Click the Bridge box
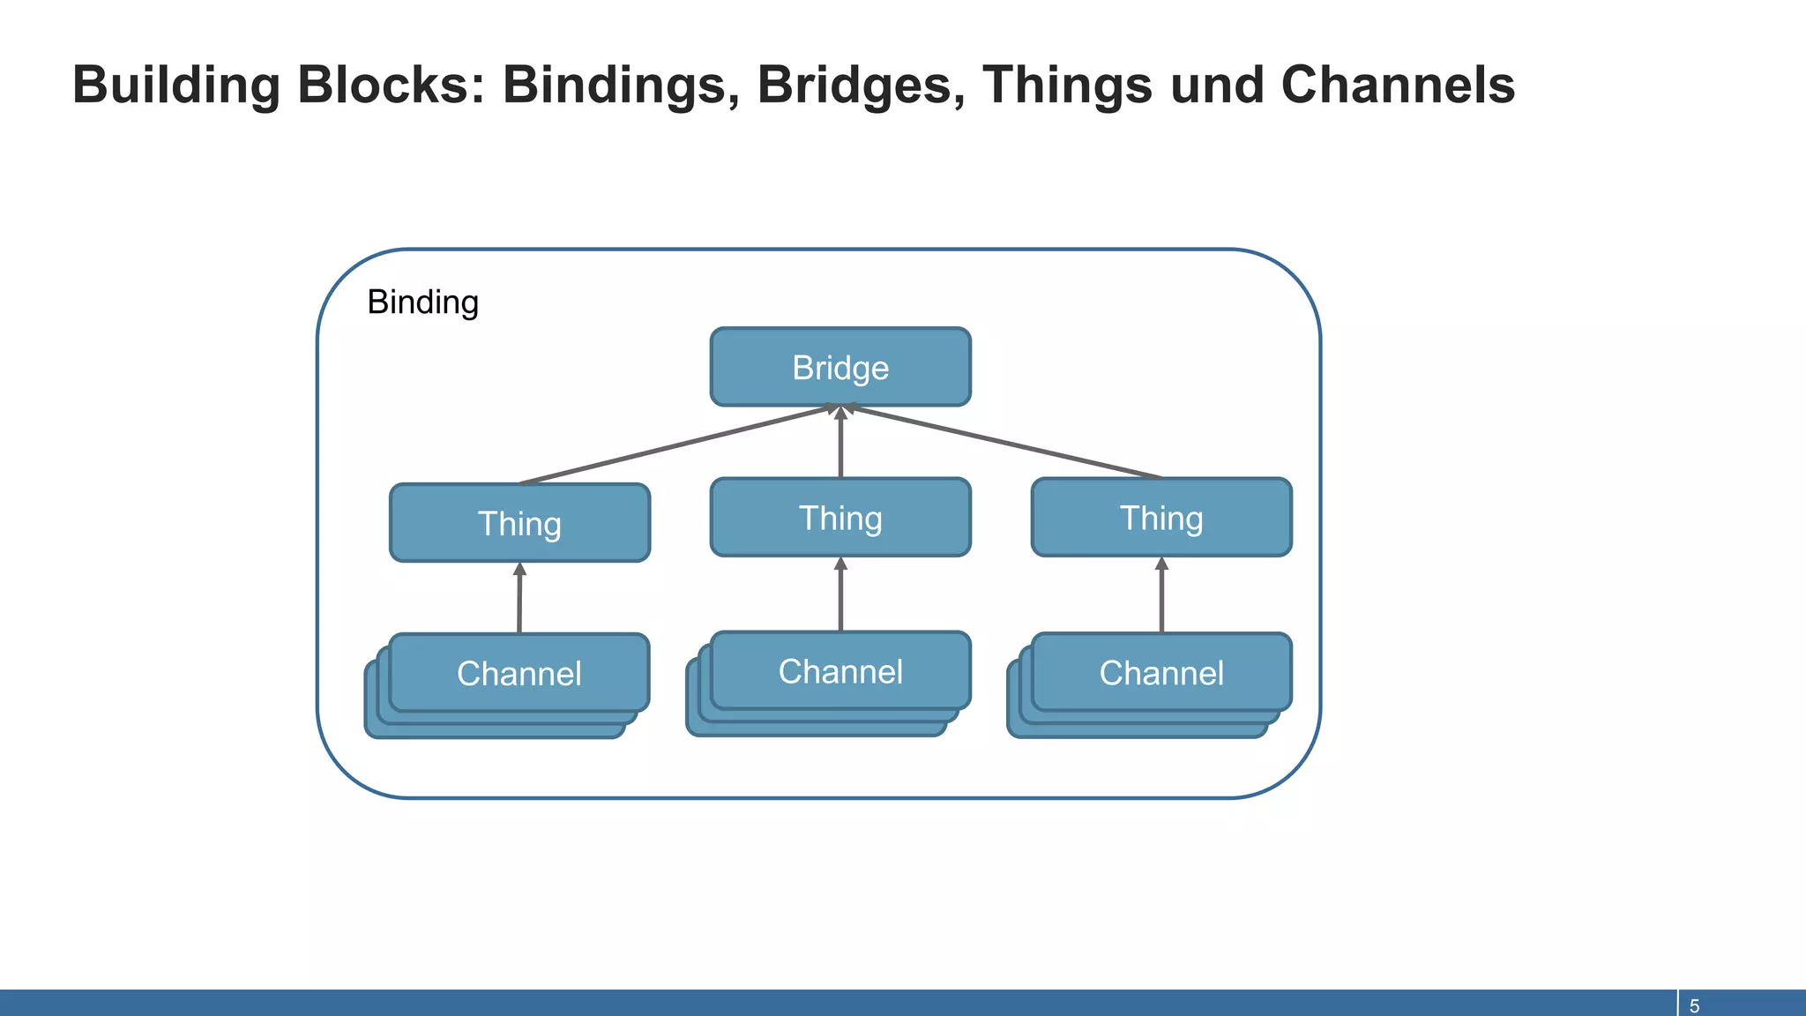pos(840,367)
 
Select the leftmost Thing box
pos(519,523)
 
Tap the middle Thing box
pos(840,518)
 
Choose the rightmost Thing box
pos(1161,518)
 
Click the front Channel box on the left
pos(519,673)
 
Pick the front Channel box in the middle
pos(840,671)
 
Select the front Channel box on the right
pos(1161,672)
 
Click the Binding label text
pos(422,303)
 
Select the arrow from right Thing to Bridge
pos(1005,443)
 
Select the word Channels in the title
pos(1397,86)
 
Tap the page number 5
pos(1694,1005)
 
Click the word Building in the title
pos(175,86)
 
